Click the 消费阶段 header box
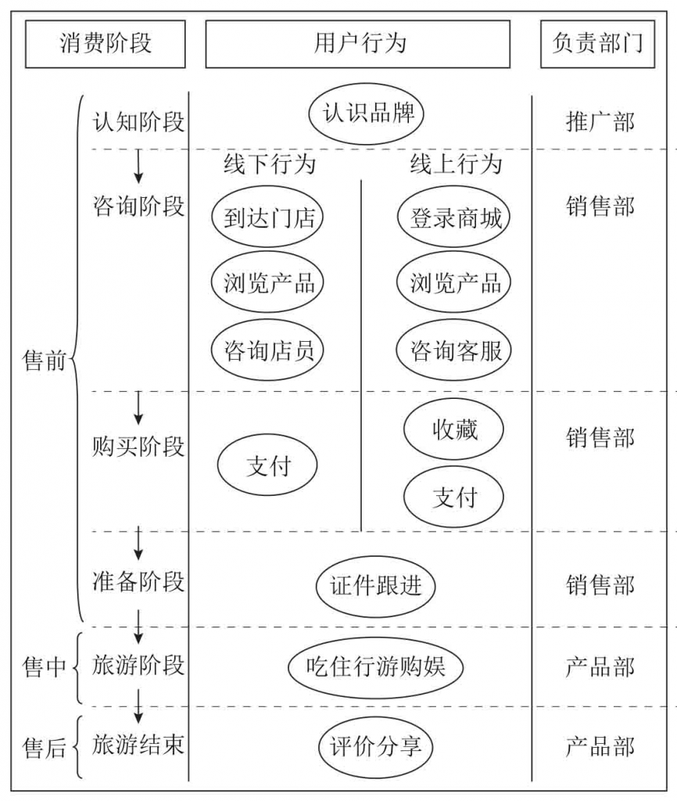coord(106,44)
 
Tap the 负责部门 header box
coord(598,44)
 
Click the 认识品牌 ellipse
coord(367,115)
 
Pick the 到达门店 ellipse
coord(267,217)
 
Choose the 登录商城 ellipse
coord(456,217)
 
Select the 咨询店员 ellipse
coord(267,349)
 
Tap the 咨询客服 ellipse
coord(456,349)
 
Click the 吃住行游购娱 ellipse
coord(374,666)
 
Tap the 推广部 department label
coord(600,122)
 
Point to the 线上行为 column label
coord(456,164)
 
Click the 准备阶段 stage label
coord(138,583)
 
